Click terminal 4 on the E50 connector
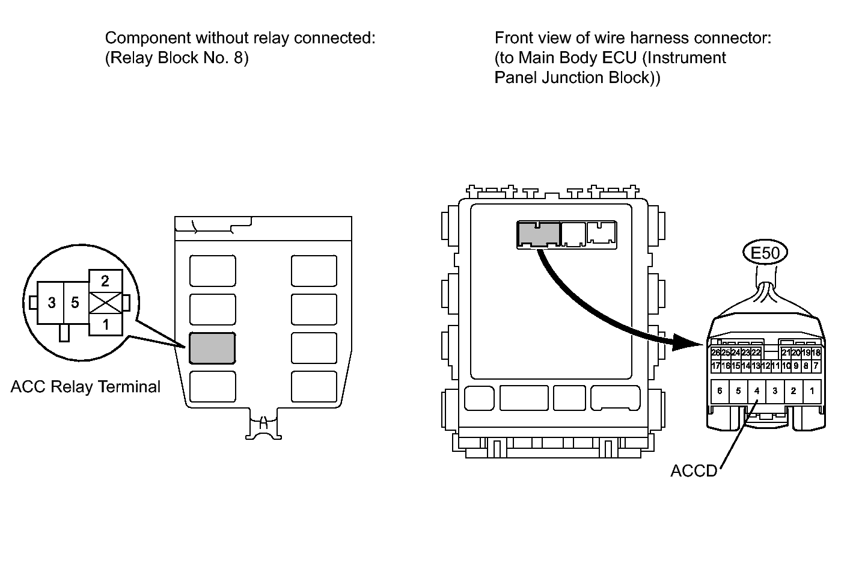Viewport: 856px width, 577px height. pyautogui.click(x=756, y=391)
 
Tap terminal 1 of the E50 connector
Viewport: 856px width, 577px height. pyautogui.click(x=812, y=391)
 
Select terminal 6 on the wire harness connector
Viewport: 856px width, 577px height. pyautogui.click(x=720, y=391)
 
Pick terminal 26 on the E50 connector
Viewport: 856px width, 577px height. pyautogui.click(x=715, y=353)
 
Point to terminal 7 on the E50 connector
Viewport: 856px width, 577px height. pyautogui.click(x=816, y=365)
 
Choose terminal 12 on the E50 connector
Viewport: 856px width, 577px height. pyautogui.click(x=766, y=365)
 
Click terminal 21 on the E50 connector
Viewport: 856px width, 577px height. pyautogui.click(x=786, y=353)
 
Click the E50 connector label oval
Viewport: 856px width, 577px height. pyautogui.click(x=765, y=253)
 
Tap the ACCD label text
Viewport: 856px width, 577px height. pyautogui.click(x=694, y=471)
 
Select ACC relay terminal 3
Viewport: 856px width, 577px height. pyautogui.click(x=52, y=303)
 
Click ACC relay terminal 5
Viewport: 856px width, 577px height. pyautogui.click(x=75, y=303)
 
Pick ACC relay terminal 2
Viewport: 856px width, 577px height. pyautogui.click(x=105, y=280)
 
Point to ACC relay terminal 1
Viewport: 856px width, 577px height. pyautogui.click(x=105, y=325)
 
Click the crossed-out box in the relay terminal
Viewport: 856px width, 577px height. pyautogui.click(x=105, y=303)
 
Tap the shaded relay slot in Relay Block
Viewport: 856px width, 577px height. pyautogui.click(x=212, y=348)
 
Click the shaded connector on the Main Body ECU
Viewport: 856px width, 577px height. pyautogui.click(x=538, y=234)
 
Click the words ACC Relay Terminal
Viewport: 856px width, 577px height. pyautogui.click(x=85, y=387)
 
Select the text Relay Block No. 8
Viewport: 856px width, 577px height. pyautogui.click(x=177, y=58)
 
